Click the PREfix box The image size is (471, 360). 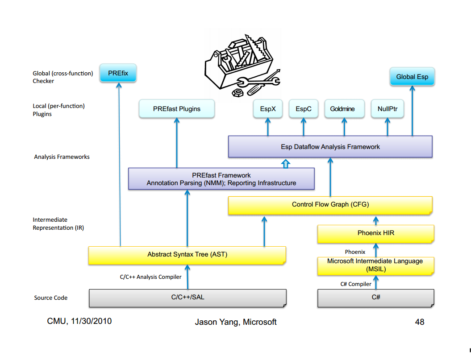click(118, 73)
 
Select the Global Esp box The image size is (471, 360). click(412, 77)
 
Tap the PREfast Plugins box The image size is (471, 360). click(176, 109)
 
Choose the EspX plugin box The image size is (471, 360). click(268, 109)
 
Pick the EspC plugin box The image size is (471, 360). click(304, 109)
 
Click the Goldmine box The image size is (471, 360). click(342, 109)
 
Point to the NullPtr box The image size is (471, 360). click(388, 109)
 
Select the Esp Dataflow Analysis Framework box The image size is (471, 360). click(330, 147)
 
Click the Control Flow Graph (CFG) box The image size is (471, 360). click(330, 205)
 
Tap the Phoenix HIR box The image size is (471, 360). click(376, 233)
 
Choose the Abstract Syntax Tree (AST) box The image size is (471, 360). click(187, 255)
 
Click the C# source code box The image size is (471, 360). click(376, 298)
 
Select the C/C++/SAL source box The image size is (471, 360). click(188, 298)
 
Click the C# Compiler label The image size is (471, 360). click(356, 284)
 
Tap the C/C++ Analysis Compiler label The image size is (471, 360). click(150, 277)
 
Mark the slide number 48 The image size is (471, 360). click(420, 322)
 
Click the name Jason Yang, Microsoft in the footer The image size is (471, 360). click(236, 322)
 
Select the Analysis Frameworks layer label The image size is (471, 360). click(62, 157)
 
